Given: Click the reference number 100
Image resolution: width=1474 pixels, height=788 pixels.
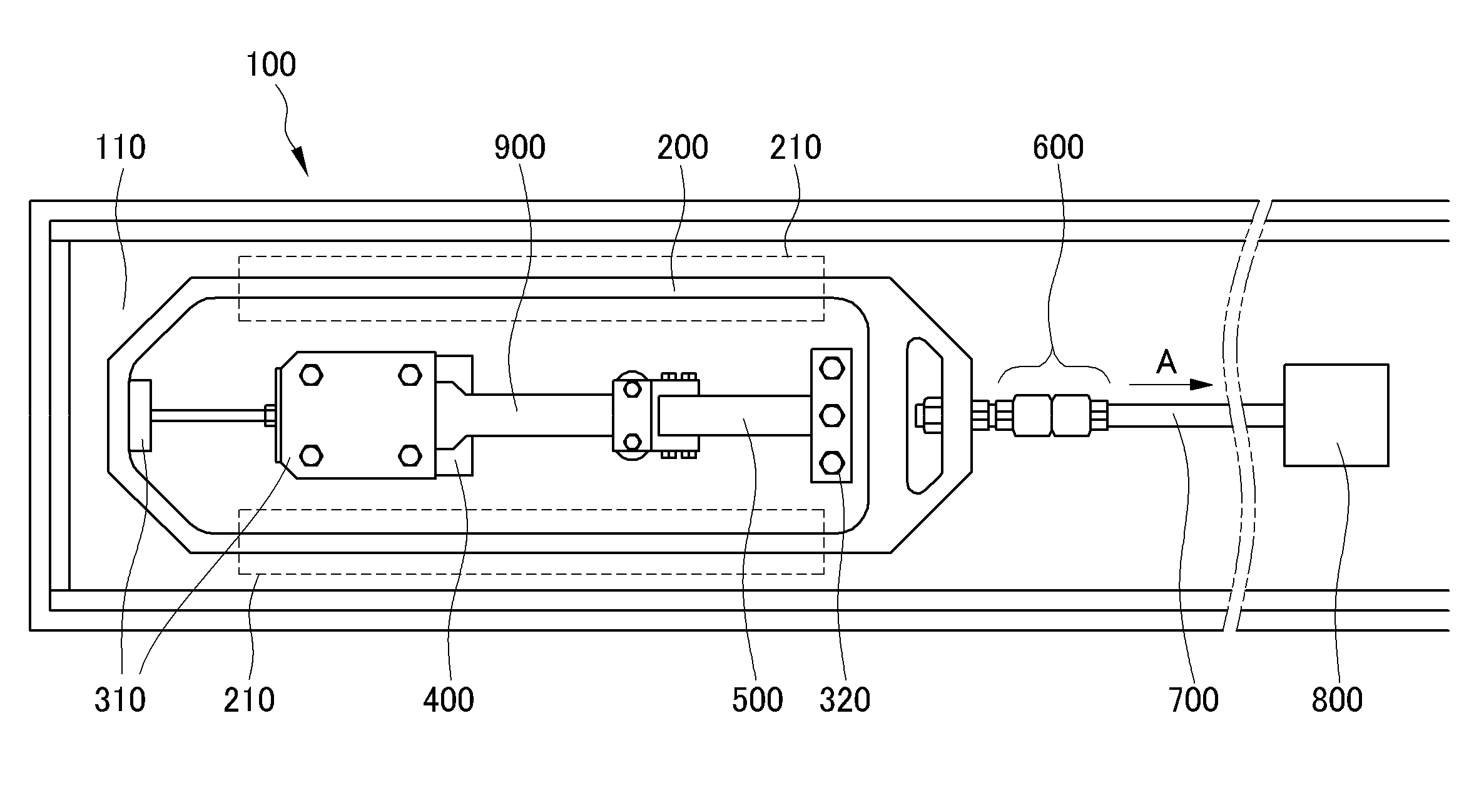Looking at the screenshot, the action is click(271, 65).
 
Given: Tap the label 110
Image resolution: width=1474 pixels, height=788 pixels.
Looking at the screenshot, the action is click(120, 148).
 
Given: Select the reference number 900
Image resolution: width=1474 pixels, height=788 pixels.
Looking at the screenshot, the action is click(520, 148).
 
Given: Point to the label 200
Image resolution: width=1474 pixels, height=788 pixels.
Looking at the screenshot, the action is click(683, 148).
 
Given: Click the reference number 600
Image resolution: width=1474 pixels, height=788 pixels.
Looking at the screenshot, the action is click(1058, 148).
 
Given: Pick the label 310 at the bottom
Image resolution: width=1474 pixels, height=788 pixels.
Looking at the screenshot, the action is click(120, 700).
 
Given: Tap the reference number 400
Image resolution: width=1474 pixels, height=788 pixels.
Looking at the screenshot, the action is click(449, 700).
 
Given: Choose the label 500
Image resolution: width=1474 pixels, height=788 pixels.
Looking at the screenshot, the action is click(758, 700).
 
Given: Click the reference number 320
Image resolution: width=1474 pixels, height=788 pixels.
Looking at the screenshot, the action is click(845, 700).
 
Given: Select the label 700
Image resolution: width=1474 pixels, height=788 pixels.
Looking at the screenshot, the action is click(1194, 700).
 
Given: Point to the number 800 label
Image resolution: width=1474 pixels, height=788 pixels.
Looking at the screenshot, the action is click(1337, 700).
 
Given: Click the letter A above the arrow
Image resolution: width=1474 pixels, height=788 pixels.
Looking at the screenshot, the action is click(1166, 362).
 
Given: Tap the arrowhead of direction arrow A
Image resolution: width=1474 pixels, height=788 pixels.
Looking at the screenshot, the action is click(1201, 385).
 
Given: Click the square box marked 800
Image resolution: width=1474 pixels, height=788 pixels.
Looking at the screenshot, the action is click(1336, 415).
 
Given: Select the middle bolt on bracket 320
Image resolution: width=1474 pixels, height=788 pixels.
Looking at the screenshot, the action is click(831, 415).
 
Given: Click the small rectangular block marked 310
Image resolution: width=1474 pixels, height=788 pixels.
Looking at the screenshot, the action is click(140, 415).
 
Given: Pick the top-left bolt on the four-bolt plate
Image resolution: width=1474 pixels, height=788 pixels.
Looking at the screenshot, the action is click(310, 375).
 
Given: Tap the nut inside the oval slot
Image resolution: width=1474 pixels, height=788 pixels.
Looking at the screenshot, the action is click(925, 415).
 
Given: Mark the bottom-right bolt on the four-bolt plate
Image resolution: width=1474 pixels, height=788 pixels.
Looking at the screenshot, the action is click(410, 455).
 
